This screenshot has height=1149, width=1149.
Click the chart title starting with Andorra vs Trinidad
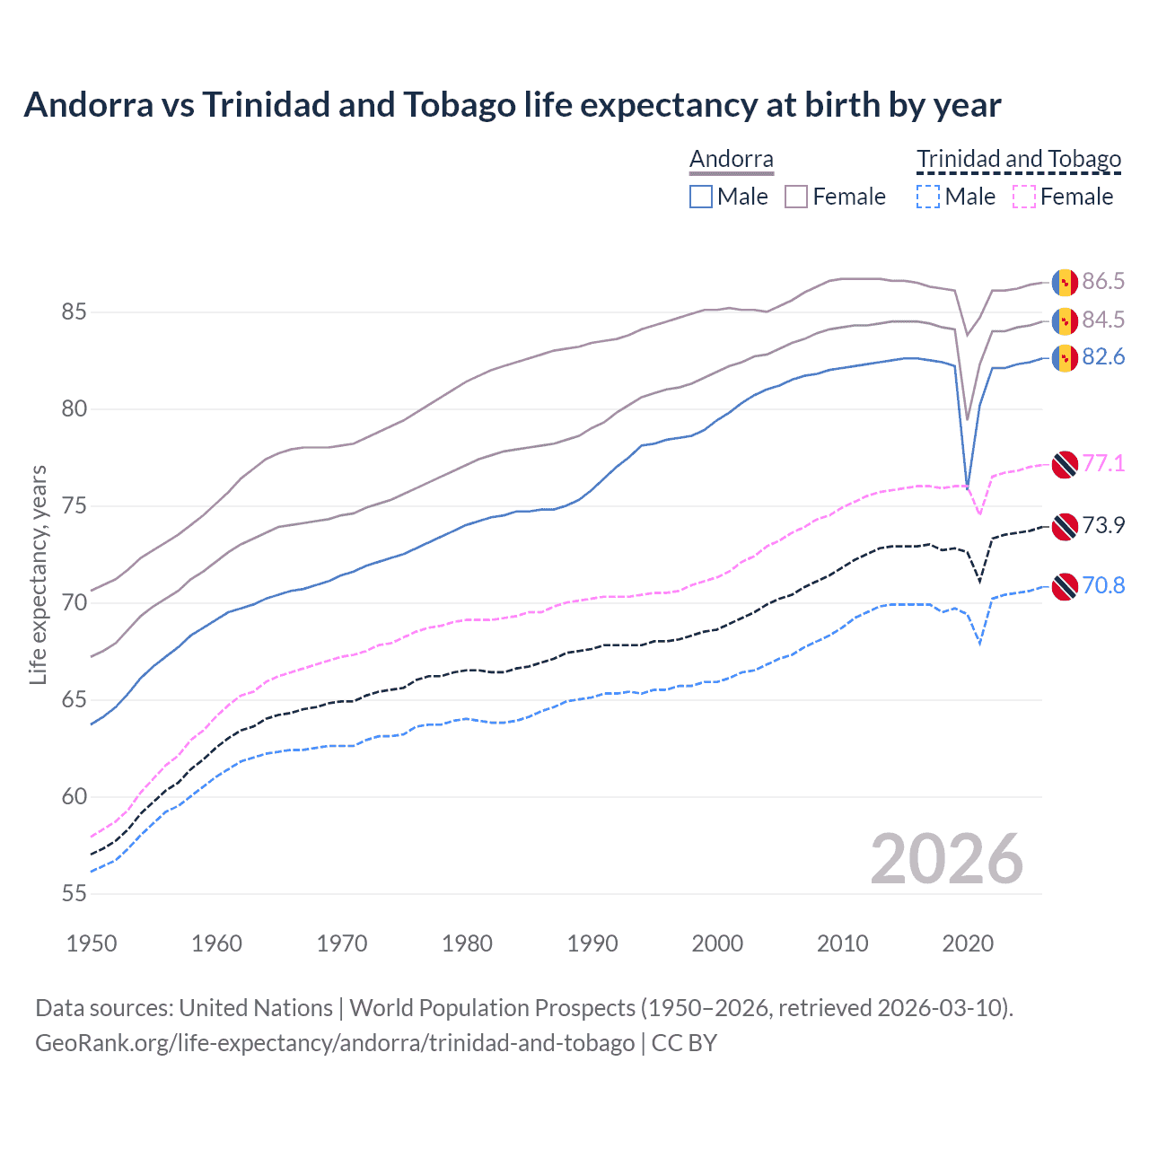[512, 105]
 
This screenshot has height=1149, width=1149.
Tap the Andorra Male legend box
[701, 197]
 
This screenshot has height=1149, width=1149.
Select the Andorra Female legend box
[796, 197]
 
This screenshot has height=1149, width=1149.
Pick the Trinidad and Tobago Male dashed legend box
[928, 197]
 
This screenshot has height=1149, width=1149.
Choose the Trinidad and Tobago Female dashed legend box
[1024, 197]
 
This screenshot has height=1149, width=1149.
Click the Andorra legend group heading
[731, 160]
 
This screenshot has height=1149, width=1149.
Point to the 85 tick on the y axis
[74, 312]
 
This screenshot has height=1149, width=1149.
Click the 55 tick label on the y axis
[74, 893]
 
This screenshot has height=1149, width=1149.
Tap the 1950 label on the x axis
[92, 943]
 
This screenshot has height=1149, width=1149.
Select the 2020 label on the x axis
[968, 943]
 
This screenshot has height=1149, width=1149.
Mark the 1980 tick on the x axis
[467, 943]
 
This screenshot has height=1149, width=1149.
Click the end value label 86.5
[1103, 281]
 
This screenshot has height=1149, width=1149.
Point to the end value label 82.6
[1103, 357]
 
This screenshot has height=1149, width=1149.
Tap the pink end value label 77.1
[1103, 463]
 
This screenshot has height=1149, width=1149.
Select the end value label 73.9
[1103, 525]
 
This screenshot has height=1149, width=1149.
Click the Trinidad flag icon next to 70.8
[1065, 586]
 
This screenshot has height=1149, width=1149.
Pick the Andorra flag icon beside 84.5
[1065, 320]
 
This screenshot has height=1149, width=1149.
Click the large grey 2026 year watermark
[946, 859]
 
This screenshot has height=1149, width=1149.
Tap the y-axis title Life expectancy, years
[38, 574]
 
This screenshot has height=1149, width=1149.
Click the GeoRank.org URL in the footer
[335, 1043]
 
